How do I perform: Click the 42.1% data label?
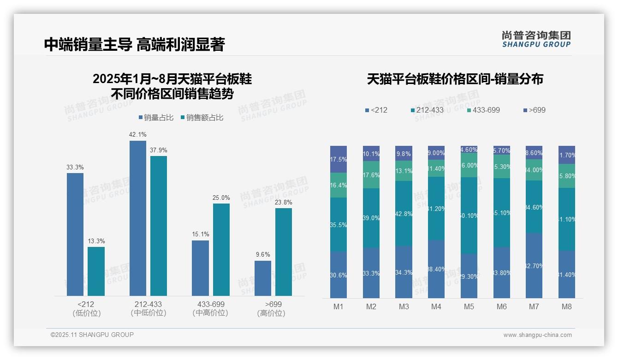138,135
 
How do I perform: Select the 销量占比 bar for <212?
75,234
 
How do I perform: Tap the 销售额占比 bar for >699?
284,252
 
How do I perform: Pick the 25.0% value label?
221,198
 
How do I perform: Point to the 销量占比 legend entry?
156,118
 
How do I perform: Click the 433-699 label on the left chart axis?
211,305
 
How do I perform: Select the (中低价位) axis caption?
149,313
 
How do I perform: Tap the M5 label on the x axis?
469,306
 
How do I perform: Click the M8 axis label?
567,306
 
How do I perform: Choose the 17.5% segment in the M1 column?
339,159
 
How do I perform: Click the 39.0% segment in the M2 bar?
371,218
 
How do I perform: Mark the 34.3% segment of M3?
404,272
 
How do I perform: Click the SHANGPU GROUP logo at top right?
536,39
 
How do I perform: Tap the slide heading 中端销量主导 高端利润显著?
134,44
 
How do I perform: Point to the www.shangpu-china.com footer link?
537,335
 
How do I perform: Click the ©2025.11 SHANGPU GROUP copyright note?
92,335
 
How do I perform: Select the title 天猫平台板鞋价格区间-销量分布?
455,79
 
